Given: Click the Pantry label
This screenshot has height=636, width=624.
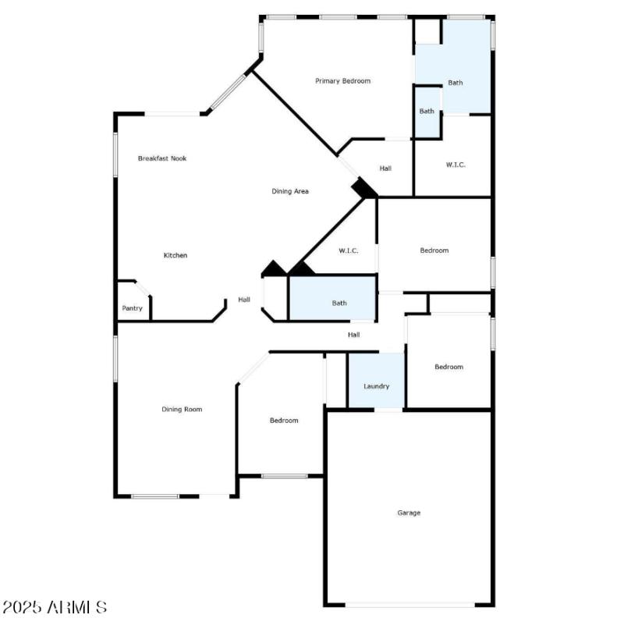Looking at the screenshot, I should (x=133, y=308).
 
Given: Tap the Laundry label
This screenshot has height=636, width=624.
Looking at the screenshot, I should (x=376, y=386).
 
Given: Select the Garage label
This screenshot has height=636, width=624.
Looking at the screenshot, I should (x=409, y=513).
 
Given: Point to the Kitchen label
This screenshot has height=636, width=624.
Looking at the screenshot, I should (x=175, y=255).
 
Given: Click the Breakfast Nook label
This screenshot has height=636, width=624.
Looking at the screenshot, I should (x=162, y=158).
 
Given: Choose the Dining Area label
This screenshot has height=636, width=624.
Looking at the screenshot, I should (x=290, y=191).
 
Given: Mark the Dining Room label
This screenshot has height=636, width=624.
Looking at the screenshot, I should (x=182, y=409).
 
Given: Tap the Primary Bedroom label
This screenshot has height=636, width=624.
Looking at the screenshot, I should (x=342, y=81).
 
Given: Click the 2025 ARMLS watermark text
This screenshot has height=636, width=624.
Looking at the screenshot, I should (x=55, y=607).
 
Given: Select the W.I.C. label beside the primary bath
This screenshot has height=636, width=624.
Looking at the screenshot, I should (x=456, y=165).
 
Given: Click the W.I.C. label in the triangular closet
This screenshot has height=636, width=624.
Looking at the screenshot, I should (x=349, y=250).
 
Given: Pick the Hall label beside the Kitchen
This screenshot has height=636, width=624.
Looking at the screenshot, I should (x=244, y=300).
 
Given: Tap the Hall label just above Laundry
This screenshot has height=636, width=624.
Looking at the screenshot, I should (x=353, y=335).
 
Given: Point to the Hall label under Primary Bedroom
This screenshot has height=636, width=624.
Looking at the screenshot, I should (x=385, y=169).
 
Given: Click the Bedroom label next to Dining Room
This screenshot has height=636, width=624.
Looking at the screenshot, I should (x=284, y=421).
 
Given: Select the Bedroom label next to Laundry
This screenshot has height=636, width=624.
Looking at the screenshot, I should (x=448, y=367).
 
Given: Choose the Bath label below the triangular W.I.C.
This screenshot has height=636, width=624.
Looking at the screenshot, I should (x=339, y=303).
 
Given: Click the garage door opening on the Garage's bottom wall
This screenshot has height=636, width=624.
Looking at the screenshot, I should (x=409, y=604).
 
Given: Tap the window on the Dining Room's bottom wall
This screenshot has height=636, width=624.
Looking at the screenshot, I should (x=155, y=496).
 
